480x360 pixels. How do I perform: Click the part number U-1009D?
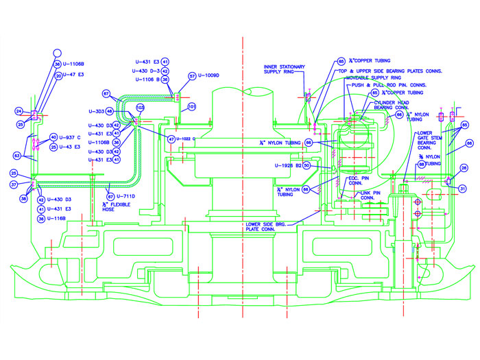tap(209, 76)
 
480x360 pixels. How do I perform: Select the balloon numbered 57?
tap(193, 76)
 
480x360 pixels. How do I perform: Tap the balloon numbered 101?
tap(192, 107)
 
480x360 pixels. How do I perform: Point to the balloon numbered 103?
tap(140, 108)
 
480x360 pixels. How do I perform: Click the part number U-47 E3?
tap(71, 73)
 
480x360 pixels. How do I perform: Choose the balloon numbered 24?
tap(20, 111)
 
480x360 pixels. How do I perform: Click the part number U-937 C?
tap(71, 137)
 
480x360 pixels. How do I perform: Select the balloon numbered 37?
tap(14, 184)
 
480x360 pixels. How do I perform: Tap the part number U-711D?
tap(131, 196)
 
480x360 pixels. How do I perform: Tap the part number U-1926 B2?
tap(288, 165)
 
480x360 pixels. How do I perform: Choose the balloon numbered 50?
tap(307, 165)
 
